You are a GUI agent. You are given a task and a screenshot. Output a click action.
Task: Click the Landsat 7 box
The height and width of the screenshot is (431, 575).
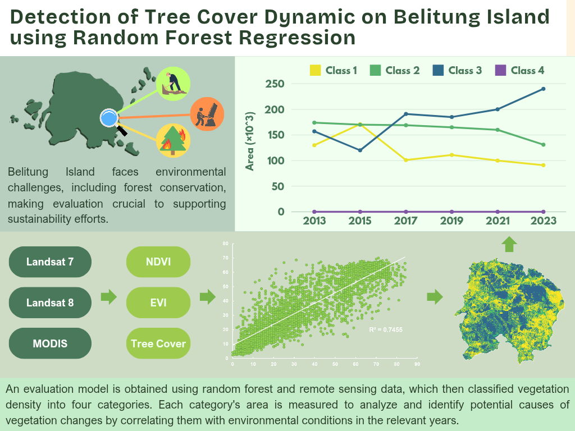point(50,262)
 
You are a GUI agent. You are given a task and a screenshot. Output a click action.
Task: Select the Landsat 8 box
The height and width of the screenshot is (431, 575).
point(50,302)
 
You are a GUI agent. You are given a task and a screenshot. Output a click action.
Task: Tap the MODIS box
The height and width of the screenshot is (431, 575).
point(50,343)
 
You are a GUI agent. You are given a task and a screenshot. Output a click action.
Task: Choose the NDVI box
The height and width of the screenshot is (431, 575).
point(158,262)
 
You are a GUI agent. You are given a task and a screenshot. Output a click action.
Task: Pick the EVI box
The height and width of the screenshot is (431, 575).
point(158,302)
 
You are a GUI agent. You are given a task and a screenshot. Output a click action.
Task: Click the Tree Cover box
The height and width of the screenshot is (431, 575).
point(158,343)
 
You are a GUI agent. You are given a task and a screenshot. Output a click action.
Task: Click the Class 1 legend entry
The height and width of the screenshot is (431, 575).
point(334,70)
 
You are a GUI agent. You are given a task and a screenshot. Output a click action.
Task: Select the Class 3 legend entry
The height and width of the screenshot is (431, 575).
point(457,70)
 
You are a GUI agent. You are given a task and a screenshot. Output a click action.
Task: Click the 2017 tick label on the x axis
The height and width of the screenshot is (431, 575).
point(406,221)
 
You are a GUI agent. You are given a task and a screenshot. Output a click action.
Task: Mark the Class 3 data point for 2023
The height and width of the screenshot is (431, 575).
point(544,89)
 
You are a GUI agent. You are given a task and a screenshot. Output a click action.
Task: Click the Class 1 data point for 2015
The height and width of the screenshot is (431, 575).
point(360,125)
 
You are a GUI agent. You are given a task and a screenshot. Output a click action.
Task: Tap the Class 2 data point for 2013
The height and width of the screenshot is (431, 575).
point(314,122)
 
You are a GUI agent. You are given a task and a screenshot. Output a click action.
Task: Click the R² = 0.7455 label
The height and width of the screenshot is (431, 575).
point(386,329)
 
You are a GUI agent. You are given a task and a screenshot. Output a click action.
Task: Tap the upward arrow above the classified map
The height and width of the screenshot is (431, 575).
point(509,244)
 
